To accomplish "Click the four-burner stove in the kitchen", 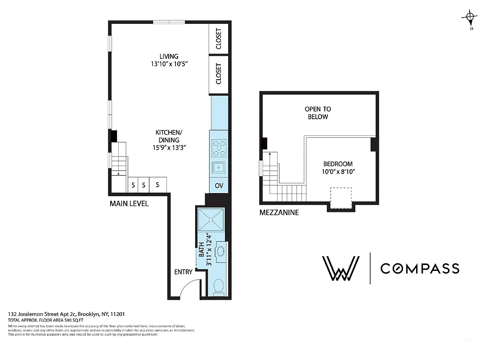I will [219, 147].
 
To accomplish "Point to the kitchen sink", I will [219, 167].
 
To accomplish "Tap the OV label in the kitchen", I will [219, 185].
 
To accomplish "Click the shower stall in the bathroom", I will [211, 219].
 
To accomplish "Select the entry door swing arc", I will [188, 288].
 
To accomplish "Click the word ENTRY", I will [183, 272].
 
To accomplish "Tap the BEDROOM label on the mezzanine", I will [337, 164].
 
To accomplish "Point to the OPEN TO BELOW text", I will [318, 113].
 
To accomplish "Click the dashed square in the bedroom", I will [340, 198].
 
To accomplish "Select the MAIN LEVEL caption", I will [129, 203].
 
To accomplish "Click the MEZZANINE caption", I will [279, 212].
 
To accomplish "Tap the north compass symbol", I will [470, 18].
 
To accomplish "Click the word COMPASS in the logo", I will [419, 269].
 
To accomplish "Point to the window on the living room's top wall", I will [169, 22].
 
